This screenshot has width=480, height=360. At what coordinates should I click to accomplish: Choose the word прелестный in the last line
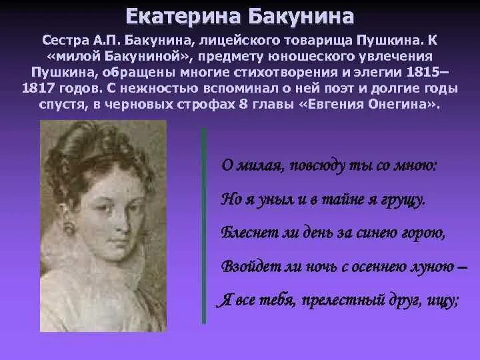click(x=336, y=300)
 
